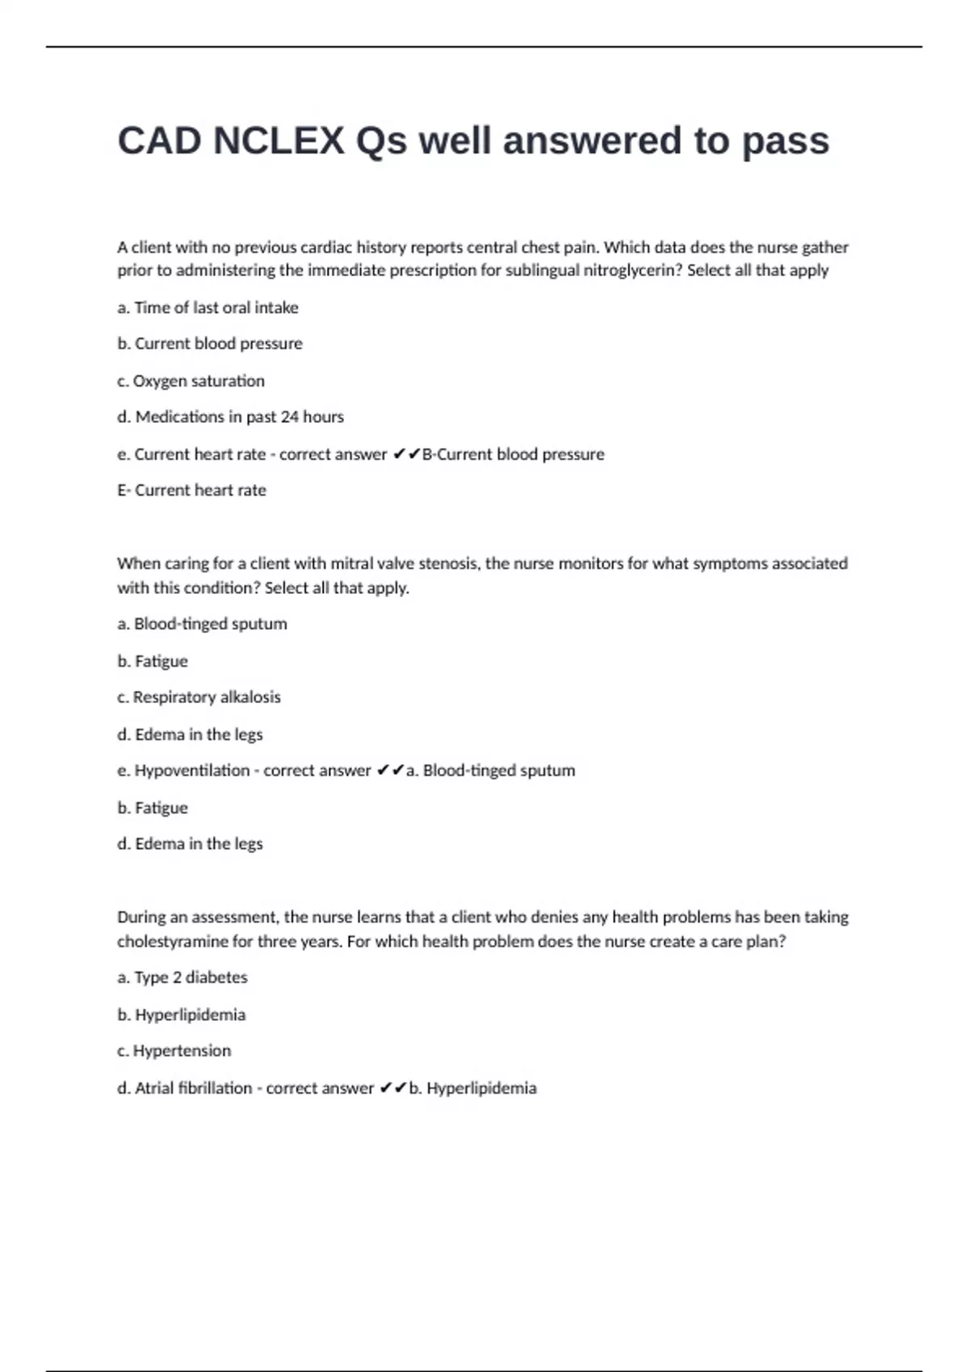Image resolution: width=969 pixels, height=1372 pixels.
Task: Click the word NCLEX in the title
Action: (x=279, y=141)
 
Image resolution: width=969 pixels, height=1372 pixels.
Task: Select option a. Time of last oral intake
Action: (x=208, y=307)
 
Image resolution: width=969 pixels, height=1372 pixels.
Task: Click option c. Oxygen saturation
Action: (x=191, y=381)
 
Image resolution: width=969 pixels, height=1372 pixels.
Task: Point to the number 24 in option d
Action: (x=289, y=417)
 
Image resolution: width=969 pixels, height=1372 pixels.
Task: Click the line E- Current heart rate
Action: (x=191, y=490)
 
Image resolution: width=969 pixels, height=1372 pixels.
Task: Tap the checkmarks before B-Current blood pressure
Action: (x=406, y=454)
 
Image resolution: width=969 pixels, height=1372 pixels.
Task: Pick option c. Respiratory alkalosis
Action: (x=199, y=697)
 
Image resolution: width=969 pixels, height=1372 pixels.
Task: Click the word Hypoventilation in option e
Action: (x=192, y=771)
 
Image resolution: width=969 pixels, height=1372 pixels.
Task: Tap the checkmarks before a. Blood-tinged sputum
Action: (x=390, y=771)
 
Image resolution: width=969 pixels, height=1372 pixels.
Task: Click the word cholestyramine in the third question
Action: (x=173, y=942)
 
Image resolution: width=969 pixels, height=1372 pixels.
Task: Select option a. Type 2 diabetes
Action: (x=182, y=977)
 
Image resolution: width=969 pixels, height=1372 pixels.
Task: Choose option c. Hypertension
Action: (x=174, y=1051)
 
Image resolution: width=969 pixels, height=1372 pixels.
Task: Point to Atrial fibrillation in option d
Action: (x=194, y=1088)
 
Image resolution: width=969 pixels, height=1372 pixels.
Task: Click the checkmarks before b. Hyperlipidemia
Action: (x=392, y=1088)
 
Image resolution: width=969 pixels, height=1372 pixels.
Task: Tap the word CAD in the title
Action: (x=159, y=141)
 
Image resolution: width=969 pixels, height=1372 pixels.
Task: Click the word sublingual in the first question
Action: (x=531, y=270)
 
